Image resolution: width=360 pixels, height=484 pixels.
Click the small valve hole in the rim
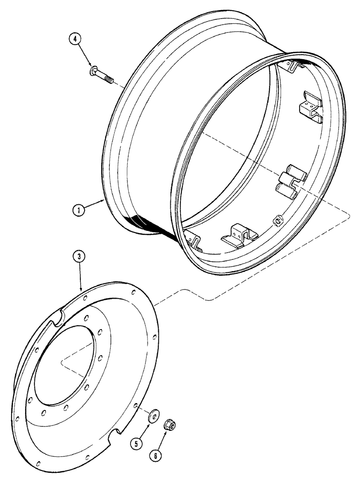click(278, 221)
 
